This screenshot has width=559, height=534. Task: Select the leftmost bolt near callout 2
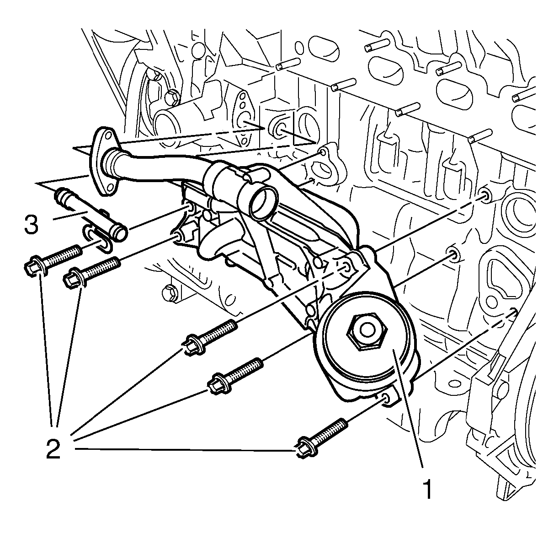(51, 261)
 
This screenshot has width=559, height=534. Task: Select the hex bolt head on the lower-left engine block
(169, 291)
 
